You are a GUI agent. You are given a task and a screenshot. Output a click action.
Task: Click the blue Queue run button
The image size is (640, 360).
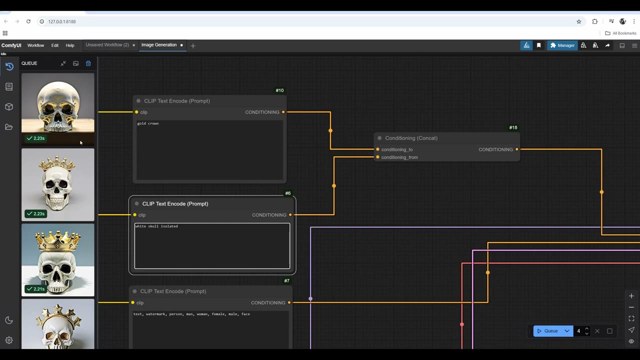(547, 331)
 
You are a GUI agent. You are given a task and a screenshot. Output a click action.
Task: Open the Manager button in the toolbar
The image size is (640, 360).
(562, 45)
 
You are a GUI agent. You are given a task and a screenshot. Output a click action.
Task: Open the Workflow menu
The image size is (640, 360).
(35, 45)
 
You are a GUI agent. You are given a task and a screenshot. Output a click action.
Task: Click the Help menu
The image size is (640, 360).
(70, 45)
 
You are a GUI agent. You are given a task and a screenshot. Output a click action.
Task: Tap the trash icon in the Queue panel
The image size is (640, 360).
(88, 63)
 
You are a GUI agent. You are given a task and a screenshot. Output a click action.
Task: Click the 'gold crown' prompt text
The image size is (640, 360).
(148, 123)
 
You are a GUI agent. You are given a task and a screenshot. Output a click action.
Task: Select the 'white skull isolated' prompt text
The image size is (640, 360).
(156, 226)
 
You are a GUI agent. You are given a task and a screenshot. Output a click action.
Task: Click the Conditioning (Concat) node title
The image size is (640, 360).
(411, 138)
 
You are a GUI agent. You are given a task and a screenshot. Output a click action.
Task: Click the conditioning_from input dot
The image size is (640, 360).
(377, 157)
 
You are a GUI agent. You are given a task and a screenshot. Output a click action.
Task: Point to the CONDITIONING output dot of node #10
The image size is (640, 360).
(283, 112)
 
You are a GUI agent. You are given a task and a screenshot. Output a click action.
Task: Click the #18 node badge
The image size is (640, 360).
(513, 127)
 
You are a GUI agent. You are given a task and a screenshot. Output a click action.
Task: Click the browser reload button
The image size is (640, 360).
(28, 21)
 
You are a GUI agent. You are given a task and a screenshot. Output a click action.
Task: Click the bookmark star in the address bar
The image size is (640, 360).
(579, 21)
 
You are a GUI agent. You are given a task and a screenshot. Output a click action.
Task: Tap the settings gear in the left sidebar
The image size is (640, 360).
(9, 340)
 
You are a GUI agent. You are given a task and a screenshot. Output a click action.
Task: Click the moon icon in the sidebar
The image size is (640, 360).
(9, 320)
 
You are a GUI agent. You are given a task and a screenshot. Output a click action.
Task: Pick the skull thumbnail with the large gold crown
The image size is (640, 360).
(57, 259)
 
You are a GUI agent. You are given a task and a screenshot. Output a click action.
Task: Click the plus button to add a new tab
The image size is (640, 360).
(193, 45)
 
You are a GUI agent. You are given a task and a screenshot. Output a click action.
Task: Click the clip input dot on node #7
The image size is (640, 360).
(133, 302)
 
